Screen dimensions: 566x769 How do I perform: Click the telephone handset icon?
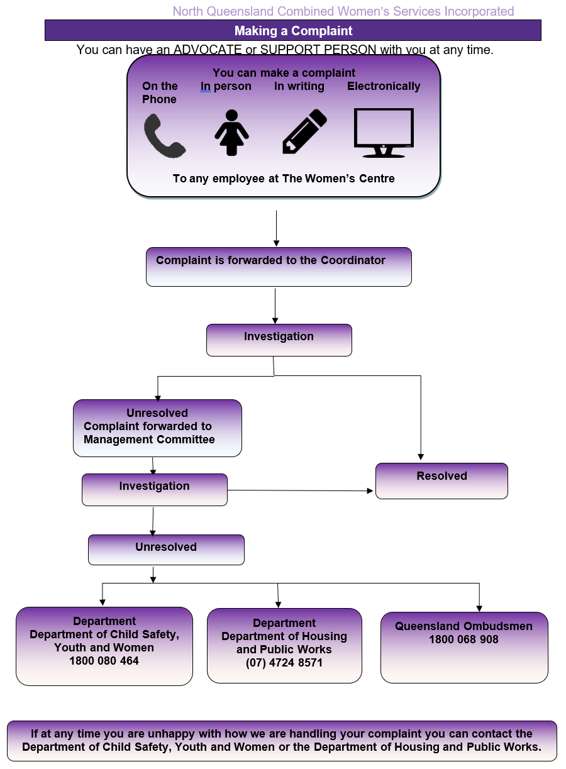click(x=164, y=136)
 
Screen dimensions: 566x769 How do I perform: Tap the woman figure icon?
click(x=232, y=133)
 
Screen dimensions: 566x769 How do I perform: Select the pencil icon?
click(x=304, y=131)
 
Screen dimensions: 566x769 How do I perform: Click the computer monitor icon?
click(x=384, y=133)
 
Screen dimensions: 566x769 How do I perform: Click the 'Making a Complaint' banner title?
click(x=293, y=31)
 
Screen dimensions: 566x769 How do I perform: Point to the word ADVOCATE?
click(x=208, y=50)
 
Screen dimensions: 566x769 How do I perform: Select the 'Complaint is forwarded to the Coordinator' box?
click(x=279, y=267)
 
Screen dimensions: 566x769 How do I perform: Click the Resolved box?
click(x=441, y=480)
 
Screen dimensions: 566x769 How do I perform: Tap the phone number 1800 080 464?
click(x=104, y=660)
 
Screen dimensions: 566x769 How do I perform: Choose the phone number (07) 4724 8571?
click(x=284, y=663)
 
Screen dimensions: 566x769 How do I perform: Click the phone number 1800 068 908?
click(x=463, y=639)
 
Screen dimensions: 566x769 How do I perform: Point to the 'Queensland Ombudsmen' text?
click(x=463, y=626)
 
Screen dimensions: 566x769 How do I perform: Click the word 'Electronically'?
click(x=384, y=86)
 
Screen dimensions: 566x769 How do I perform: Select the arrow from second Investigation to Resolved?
click(x=300, y=490)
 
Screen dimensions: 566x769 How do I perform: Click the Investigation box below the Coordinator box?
click(x=279, y=340)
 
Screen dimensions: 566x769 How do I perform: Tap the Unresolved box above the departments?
click(x=166, y=550)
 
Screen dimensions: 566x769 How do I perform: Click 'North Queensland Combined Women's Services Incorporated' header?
click(x=343, y=11)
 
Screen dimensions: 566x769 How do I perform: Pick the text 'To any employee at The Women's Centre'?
click(x=284, y=179)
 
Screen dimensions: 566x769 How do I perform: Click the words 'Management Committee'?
click(x=149, y=439)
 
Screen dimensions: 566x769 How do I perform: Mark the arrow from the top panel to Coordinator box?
click(x=277, y=228)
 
